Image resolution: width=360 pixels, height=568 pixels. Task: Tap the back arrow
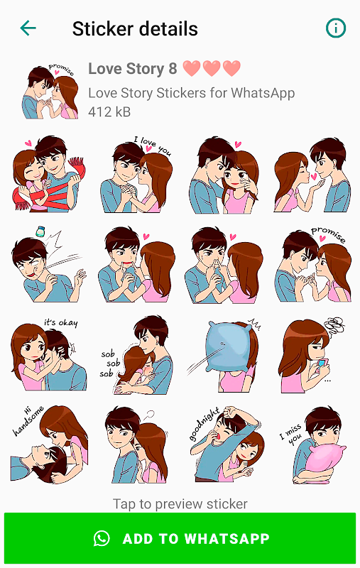click(28, 28)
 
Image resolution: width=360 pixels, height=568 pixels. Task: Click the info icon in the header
click(336, 28)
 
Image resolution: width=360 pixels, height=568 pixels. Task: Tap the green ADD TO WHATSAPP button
click(180, 538)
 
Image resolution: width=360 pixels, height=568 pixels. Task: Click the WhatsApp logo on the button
click(102, 538)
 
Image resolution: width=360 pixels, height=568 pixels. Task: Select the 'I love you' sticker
click(136, 174)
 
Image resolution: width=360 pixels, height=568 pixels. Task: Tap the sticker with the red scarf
click(49, 173)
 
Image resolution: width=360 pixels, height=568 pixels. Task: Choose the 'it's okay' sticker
click(48, 354)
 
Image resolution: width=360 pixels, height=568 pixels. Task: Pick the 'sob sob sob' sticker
click(137, 354)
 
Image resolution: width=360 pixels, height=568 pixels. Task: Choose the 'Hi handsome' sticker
click(49, 444)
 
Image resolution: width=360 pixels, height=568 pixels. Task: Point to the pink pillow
click(325, 457)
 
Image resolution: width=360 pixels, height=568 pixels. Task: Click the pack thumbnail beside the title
click(50, 92)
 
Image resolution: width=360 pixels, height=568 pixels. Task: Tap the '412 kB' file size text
click(109, 112)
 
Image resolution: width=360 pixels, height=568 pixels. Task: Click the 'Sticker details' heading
click(135, 28)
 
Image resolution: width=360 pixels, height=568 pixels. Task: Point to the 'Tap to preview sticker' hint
click(180, 504)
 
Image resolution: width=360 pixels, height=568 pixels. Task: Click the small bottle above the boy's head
click(40, 231)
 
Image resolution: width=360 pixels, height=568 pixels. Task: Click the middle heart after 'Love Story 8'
click(212, 68)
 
